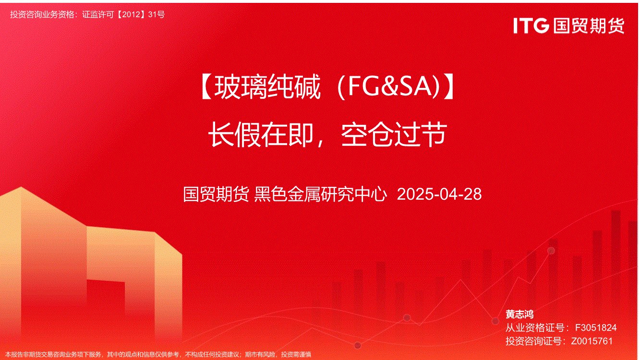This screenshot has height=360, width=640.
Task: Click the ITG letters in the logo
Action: pyautogui.click(x=531, y=25)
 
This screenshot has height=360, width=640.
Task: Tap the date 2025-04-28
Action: pyautogui.click(x=439, y=194)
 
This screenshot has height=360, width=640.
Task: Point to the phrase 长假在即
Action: pyautogui.click(x=261, y=135)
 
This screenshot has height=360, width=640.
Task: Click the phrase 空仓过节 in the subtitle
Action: pyautogui.click(x=394, y=135)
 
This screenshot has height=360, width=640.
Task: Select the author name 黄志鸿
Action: pyautogui.click(x=519, y=314)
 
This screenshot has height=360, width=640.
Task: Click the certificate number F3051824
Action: pyautogui.click(x=596, y=327)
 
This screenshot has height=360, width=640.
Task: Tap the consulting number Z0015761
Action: pyautogui.click(x=592, y=341)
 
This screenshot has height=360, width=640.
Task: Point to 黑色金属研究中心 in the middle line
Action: pyautogui.click(x=320, y=194)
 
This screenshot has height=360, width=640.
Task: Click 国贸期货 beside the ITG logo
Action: pyautogui.click(x=589, y=25)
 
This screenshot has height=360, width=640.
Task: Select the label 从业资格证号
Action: pyautogui.click(x=535, y=327)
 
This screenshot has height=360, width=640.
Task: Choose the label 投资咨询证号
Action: pyautogui.click(x=535, y=341)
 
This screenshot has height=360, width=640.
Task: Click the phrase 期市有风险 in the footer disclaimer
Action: pyautogui.click(x=260, y=355)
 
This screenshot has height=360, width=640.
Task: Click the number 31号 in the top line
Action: pyautogui.click(x=157, y=14)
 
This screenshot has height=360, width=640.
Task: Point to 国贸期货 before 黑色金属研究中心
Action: pyautogui.click(x=216, y=194)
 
